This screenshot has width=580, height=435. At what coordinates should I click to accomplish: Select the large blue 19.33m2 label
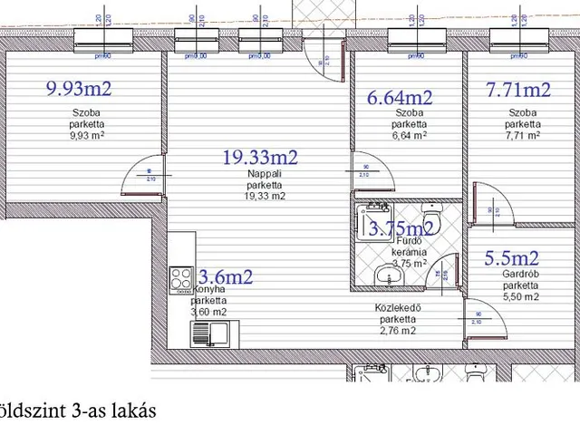click(260, 158)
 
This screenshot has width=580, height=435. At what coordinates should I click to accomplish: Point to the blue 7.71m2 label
click(517, 90)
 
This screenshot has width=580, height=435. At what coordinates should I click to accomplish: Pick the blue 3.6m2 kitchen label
click(225, 276)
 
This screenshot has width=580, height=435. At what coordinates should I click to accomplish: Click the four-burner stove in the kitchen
click(181, 277)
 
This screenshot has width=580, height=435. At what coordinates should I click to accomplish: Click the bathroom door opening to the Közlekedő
click(445, 276)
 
